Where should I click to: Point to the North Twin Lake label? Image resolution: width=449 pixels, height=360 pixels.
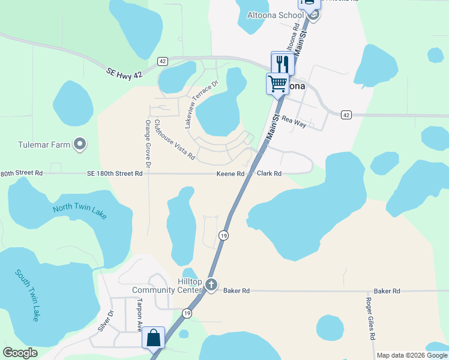[80, 211]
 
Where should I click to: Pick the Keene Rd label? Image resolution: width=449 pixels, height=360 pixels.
[231, 174]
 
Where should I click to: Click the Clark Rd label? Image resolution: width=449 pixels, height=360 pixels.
[269, 174]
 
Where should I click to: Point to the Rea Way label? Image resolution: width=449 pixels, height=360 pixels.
[294, 121]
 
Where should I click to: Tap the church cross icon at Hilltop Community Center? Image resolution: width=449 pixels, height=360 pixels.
[211, 286]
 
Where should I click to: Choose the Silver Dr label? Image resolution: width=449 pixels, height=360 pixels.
[105, 320]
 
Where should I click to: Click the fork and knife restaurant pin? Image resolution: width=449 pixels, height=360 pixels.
[283, 64]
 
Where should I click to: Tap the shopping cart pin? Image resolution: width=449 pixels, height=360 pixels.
[278, 83]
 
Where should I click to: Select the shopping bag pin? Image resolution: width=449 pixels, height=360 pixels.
[154, 338]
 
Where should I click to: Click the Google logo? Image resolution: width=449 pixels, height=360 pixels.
[20, 353]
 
